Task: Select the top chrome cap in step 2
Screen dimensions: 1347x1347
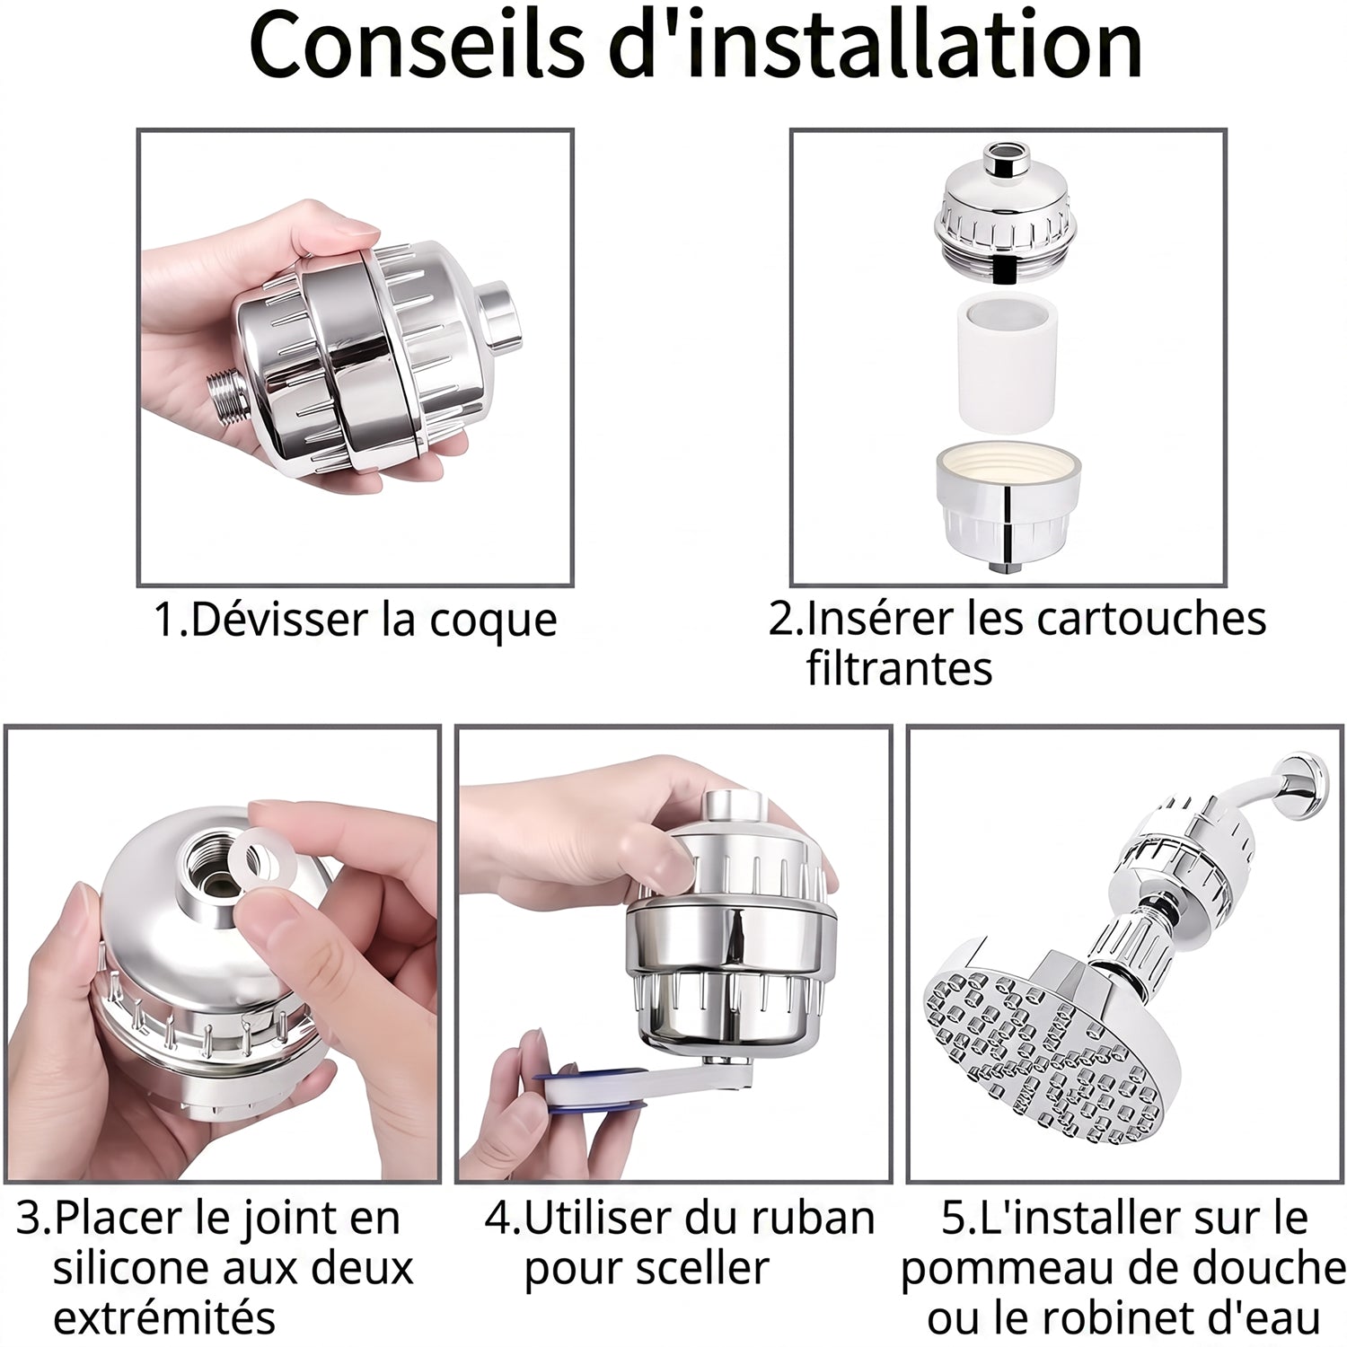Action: (x=1006, y=211)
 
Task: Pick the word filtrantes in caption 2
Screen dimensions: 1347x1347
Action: (x=899, y=668)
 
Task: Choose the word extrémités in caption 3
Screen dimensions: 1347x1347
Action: (x=164, y=1318)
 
